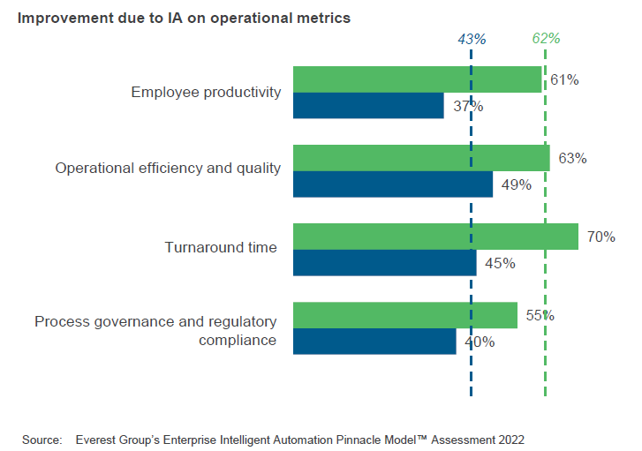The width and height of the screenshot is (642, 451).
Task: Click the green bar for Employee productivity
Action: point(417,79)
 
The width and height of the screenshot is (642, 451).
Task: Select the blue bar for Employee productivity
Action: point(368,106)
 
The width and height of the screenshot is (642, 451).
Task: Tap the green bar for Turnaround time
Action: point(435,237)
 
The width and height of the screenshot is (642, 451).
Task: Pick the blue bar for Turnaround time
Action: point(384,263)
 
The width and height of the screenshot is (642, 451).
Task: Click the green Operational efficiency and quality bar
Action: point(421,158)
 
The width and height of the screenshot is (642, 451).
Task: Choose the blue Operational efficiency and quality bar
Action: point(392,184)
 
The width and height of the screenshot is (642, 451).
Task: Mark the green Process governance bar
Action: point(404,315)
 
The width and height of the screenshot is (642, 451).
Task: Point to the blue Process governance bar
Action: point(374,342)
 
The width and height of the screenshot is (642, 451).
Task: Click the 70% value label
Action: point(600,237)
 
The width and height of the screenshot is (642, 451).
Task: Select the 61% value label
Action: point(563,79)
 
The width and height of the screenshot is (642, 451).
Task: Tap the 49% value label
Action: point(516,184)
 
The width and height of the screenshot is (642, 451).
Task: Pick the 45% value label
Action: point(500,263)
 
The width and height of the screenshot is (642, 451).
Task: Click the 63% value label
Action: point(572,158)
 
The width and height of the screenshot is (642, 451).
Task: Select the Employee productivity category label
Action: point(206,92)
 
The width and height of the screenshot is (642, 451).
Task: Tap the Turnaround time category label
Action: point(221,248)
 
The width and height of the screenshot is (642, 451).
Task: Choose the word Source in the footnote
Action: point(42,438)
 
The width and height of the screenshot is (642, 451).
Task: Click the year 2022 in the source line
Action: point(509,438)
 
